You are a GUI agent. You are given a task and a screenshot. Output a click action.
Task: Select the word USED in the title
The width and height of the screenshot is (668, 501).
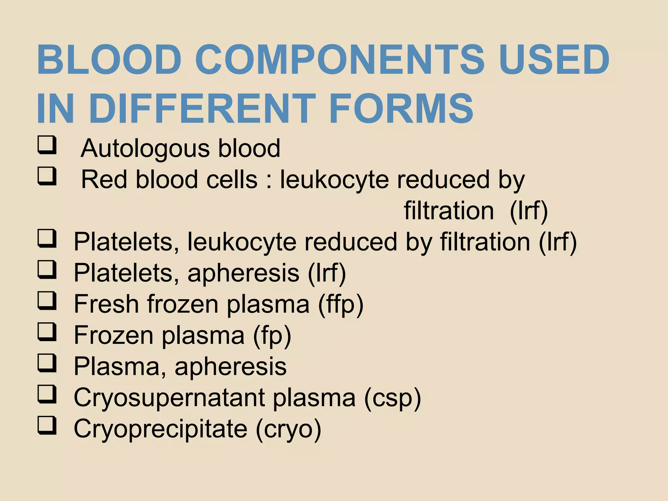pyautogui.click(x=554, y=60)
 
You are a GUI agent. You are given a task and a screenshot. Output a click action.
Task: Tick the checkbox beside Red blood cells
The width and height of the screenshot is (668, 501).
pyautogui.click(x=47, y=176)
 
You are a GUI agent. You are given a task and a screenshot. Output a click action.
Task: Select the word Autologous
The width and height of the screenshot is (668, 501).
pyautogui.click(x=145, y=149)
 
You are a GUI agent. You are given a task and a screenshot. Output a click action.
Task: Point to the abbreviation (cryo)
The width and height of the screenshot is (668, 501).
pyautogui.click(x=289, y=429)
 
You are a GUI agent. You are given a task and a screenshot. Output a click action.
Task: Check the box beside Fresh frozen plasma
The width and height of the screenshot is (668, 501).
pyautogui.click(x=47, y=301)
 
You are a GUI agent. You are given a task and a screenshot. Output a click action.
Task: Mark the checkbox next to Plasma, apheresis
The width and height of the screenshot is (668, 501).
pyautogui.click(x=47, y=363)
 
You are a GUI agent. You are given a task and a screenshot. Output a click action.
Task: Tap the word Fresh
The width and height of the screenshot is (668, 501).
pyautogui.click(x=106, y=304)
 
